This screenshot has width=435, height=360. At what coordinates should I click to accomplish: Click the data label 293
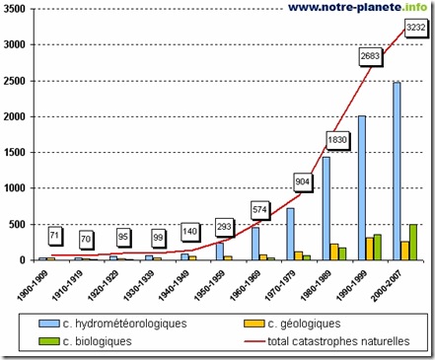tap(224, 226)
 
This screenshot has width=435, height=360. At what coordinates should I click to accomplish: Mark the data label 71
tap(55, 236)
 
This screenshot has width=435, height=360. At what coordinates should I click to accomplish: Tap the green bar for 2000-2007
tap(412, 242)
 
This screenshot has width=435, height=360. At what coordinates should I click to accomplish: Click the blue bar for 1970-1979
tap(290, 234)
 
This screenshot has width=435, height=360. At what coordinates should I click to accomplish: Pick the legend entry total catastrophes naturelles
tap(326, 341)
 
